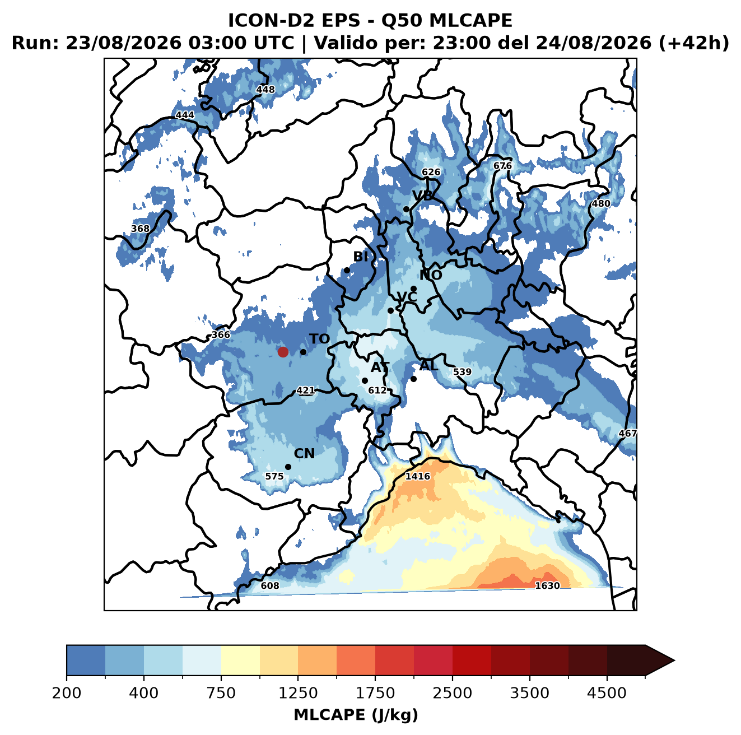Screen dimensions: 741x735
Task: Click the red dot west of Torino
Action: click(283, 352)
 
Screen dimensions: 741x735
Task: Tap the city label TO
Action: click(319, 339)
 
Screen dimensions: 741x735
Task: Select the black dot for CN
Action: click(288, 467)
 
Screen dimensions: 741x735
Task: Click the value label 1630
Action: click(547, 585)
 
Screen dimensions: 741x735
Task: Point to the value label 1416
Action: click(417, 476)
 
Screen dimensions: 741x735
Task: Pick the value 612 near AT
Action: click(377, 390)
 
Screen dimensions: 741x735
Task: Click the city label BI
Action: click(360, 257)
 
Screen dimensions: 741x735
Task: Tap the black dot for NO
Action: click(413, 289)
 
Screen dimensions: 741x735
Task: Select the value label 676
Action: click(502, 166)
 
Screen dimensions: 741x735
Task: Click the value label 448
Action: click(265, 90)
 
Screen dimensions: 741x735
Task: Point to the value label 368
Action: click(140, 229)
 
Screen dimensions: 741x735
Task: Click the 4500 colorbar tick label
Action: click(607, 694)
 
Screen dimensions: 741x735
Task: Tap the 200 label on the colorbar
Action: click(67, 694)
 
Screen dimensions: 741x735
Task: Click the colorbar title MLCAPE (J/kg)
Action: click(356, 715)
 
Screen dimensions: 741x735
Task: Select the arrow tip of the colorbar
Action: click(674, 660)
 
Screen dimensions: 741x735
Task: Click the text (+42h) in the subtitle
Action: click(693, 43)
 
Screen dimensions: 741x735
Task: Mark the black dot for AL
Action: click(413, 379)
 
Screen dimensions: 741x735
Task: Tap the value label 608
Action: click(270, 585)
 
